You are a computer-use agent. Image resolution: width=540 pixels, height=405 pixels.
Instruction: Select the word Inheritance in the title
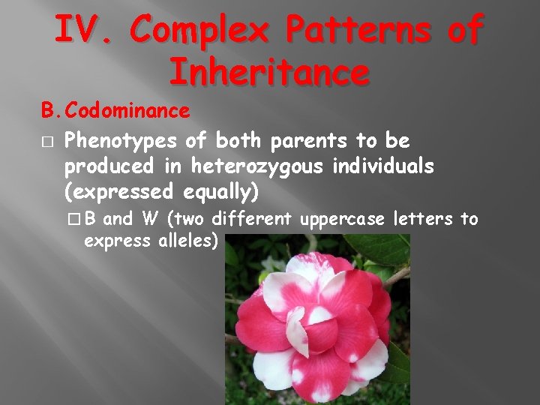269,72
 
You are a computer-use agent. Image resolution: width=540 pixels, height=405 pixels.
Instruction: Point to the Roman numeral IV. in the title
82,31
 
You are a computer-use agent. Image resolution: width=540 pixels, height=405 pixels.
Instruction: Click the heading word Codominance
127,111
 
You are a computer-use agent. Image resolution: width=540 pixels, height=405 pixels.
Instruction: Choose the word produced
106,166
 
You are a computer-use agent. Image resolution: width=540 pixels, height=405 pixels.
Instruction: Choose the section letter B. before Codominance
50,111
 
